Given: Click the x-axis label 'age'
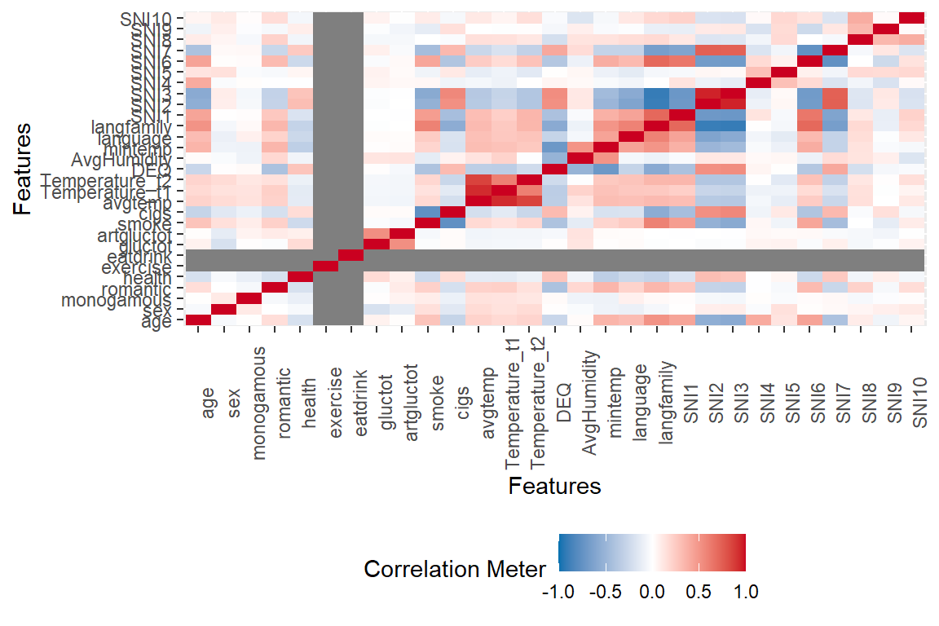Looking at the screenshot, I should pos(209,402).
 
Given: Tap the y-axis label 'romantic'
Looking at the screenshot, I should pos(136,289).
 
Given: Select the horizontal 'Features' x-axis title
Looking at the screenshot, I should pos(554,487).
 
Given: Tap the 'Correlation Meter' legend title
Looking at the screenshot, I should pos(454,569).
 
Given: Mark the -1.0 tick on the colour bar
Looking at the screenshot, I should pos(559,592).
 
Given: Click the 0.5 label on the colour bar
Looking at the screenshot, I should pos(699,592).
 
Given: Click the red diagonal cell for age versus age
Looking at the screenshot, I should pos(198,321).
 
